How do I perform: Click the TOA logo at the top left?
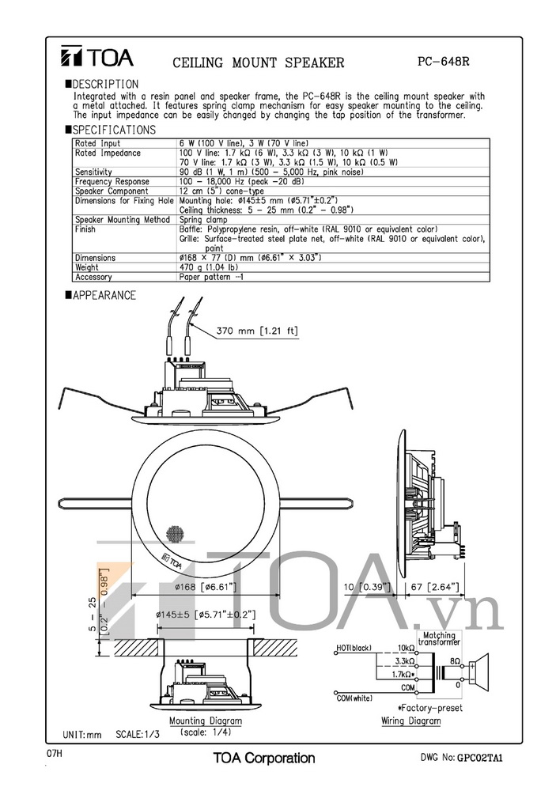pyautogui.click(x=98, y=58)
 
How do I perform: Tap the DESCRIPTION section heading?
pyautogui.click(x=105, y=84)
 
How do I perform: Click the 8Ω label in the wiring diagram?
pyautogui.click(x=456, y=659)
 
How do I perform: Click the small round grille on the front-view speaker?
pyautogui.click(x=176, y=535)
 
